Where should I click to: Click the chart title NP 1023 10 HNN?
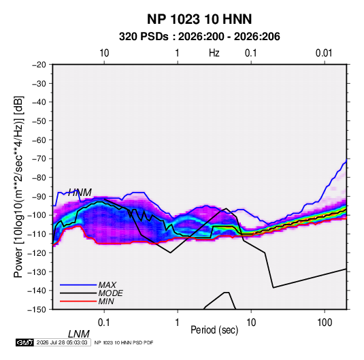(x=199, y=19)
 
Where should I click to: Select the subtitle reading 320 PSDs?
(x=144, y=37)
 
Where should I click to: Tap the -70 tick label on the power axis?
(x=39, y=159)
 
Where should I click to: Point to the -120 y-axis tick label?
(x=37, y=253)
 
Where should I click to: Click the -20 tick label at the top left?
(x=39, y=65)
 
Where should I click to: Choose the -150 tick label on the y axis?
(x=37, y=310)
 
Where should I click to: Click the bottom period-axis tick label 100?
(x=325, y=323)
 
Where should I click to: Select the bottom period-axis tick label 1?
(x=177, y=323)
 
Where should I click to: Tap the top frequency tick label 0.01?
(x=324, y=53)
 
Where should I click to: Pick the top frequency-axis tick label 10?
(x=104, y=53)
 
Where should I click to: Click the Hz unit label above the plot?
(x=214, y=53)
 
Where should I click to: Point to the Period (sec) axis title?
(x=214, y=330)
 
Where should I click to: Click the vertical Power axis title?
(x=18, y=187)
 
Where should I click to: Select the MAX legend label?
(x=107, y=284)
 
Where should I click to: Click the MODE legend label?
(x=110, y=293)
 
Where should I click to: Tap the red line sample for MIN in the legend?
(x=78, y=301)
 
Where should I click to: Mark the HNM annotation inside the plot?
(x=80, y=193)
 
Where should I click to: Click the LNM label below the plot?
(x=79, y=334)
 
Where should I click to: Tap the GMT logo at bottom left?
(x=24, y=342)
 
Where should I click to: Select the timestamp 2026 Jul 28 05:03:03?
(x=62, y=342)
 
